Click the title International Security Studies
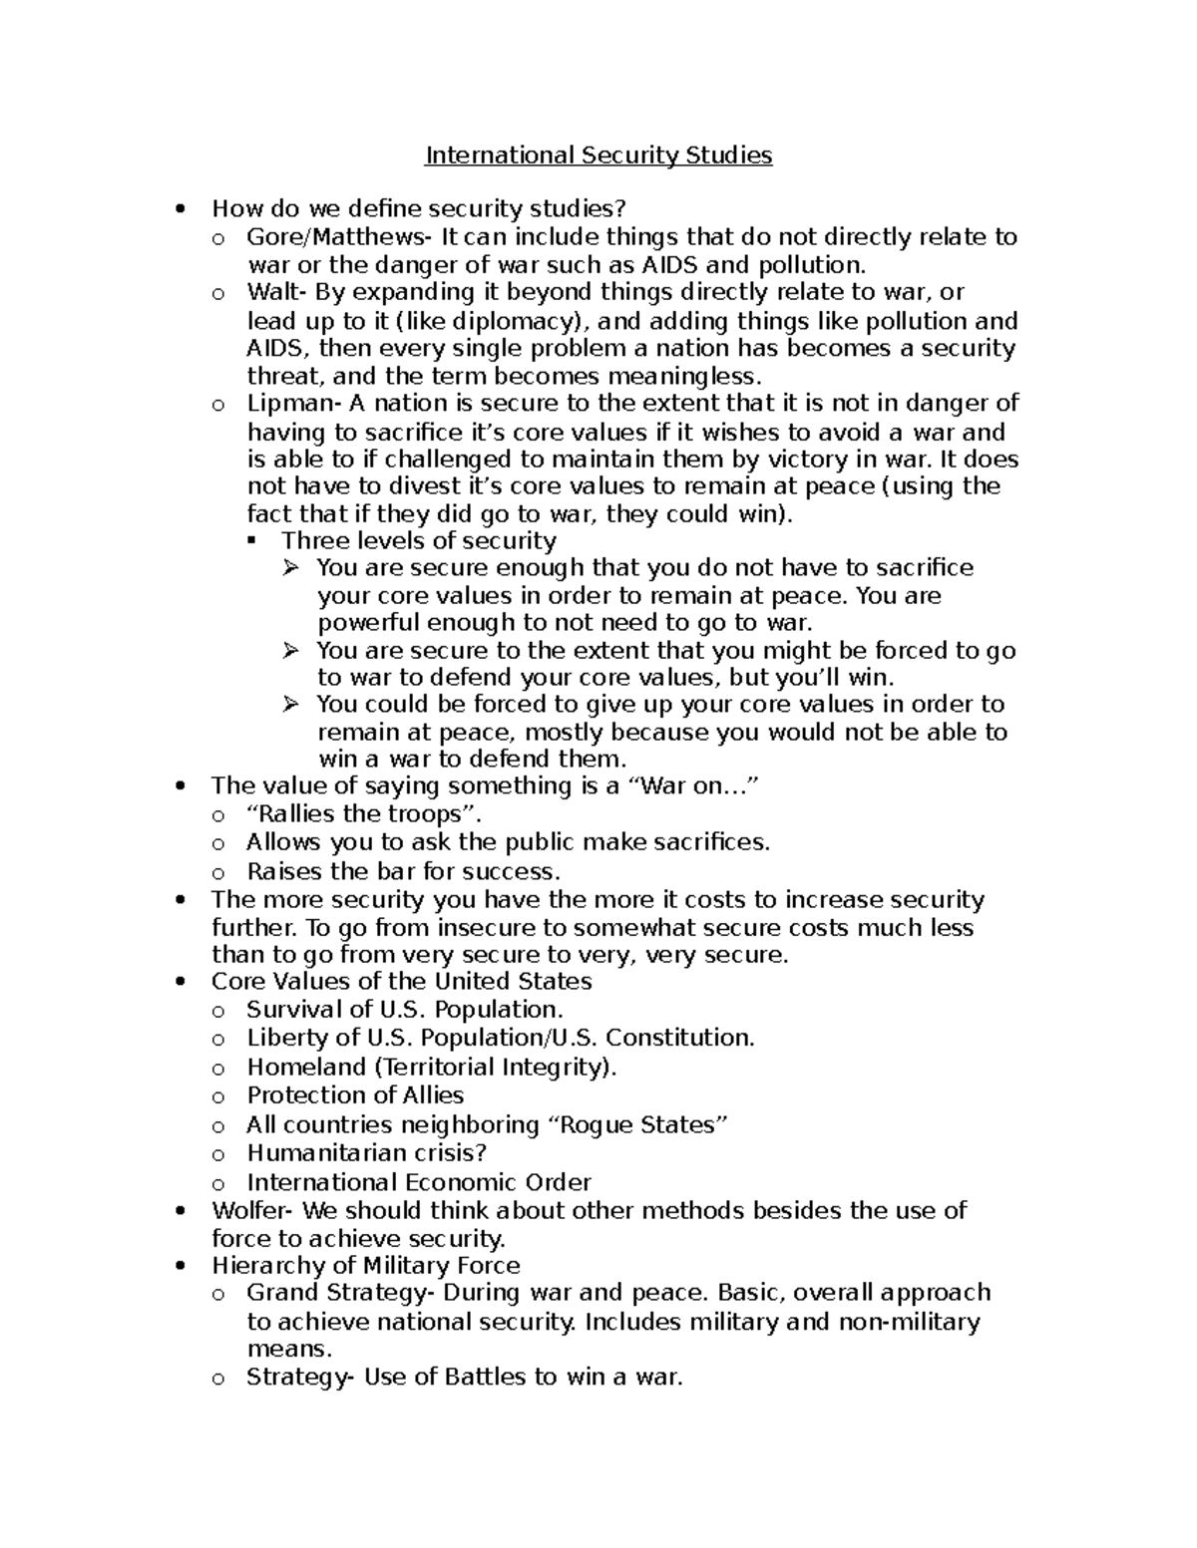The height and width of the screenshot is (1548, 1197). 598,155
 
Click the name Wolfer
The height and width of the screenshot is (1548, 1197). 252,1211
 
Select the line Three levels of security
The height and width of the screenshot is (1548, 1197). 419,540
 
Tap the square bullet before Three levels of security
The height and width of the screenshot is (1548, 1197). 251,541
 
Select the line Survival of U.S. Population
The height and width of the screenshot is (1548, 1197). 405,1009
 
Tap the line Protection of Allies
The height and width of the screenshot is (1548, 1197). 355,1095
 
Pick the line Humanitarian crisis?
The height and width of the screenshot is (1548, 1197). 366,1153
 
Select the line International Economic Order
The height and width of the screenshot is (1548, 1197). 419,1183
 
